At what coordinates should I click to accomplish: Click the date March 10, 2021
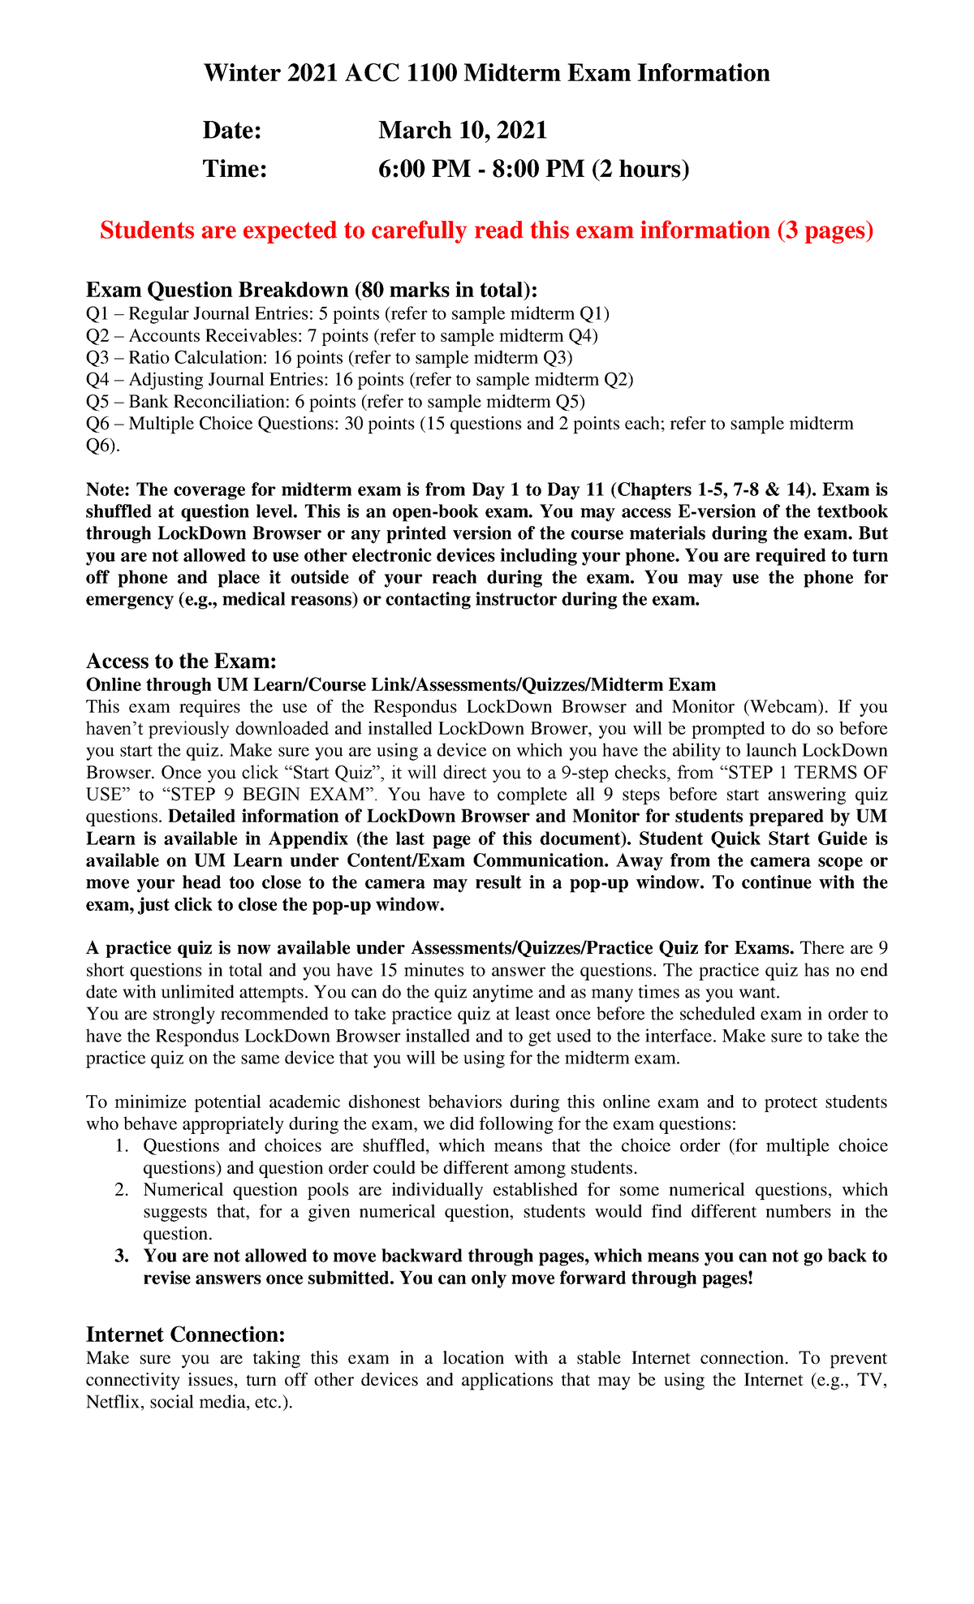(x=463, y=130)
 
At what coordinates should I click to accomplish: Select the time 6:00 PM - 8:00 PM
(x=533, y=169)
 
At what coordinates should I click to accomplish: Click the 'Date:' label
(x=232, y=130)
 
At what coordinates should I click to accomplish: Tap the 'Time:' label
(x=235, y=169)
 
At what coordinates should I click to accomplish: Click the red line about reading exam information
(x=486, y=231)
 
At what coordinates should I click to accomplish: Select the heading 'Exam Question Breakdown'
(x=312, y=290)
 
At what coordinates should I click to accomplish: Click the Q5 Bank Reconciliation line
(x=335, y=402)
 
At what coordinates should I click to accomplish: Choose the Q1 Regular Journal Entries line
(x=347, y=314)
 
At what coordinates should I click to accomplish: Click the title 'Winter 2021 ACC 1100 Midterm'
(x=486, y=73)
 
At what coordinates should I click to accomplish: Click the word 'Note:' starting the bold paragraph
(x=108, y=490)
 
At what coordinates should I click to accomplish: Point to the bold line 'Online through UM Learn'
(x=401, y=685)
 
